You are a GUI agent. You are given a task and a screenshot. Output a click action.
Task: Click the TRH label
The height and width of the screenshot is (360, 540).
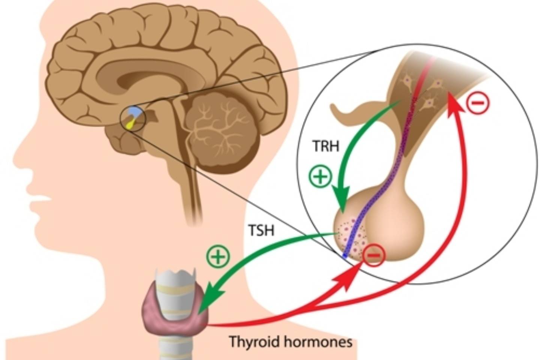tap(326, 145)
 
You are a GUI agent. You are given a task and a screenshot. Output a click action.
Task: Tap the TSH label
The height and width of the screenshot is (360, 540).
tap(262, 230)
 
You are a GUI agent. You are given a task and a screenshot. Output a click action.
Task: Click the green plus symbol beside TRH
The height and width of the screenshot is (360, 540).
tap(320, 175)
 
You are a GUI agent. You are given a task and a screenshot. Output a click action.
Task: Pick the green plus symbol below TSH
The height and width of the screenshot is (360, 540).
tap(218, 257)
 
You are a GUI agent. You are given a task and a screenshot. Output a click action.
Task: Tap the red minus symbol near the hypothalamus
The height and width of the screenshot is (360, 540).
tap(478, 102)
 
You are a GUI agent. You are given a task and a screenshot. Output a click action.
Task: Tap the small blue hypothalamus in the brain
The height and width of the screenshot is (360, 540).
tap(134, 112)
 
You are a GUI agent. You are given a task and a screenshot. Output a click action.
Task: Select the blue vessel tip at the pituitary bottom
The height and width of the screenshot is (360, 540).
tap(344, 256)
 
